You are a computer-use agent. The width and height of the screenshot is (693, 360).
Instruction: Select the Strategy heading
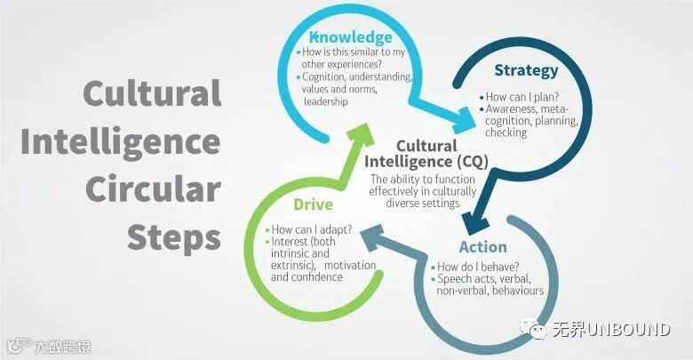pyautogui.click(x=527, y=70)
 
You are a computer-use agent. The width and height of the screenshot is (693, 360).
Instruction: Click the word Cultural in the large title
pyautogui.click(x=152, y=92)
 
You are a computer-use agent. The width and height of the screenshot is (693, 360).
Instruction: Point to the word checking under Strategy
pyautogui.click(x=506, y=132)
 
